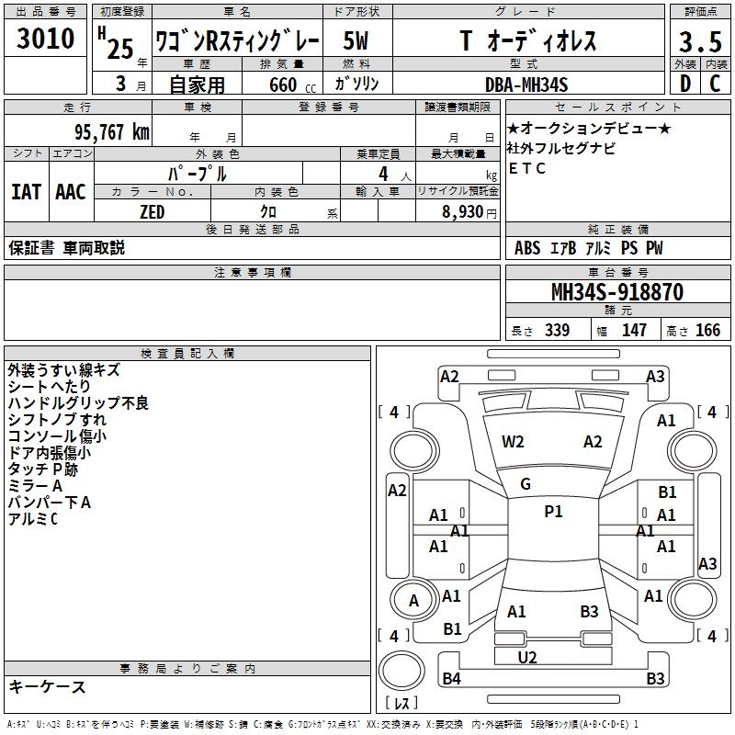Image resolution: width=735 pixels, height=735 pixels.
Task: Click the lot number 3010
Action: pyautogui.click(x=45, y=38)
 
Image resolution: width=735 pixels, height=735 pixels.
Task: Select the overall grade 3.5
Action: pyautogui.click(x=700, y=41)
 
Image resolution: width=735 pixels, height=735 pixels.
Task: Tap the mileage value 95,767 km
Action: pyautogui.click(x=112, y=131)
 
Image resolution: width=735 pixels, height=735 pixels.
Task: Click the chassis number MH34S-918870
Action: pyautogui.click(x=617, y=291)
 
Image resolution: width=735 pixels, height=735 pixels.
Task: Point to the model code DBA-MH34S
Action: pyautogui.click(x=526, y=85)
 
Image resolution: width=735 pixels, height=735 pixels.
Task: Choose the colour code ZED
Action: pyautogui.click(x=152, y=212)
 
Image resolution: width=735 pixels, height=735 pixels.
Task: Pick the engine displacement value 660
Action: pyautogui.click(x=283, y=85)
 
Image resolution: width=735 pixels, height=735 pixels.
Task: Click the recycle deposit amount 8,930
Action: pyautogui.click(x=462, y=211)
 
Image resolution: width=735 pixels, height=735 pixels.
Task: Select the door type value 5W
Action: pyautogui.click(x=356, y=40)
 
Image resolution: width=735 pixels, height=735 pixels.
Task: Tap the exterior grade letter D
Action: pyautogui.click(x=685, y=84)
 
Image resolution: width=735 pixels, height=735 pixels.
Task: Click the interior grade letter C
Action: pyautogui.click(x=715, y=84)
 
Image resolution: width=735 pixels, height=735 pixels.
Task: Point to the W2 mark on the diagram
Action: pyautogui.click(x=513, y=442)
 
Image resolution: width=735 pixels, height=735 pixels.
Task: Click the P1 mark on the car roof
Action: pyautogui.click(x=553, y=511)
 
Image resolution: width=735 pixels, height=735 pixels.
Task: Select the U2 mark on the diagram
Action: pyautogui.click(x=526, y=657)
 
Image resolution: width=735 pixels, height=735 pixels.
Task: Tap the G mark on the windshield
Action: pyautogui.click(x=526, y=483)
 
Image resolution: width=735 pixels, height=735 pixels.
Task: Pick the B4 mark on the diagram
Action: pyautogui.click(x=451, y=678)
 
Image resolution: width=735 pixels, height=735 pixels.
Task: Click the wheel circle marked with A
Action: pyautogui.click(x=413, y=600)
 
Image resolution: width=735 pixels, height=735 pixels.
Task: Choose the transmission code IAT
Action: pyautogui.click(x=27, y=192)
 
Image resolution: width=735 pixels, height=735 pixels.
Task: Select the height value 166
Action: pyautogui.click(x=707, y=330)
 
